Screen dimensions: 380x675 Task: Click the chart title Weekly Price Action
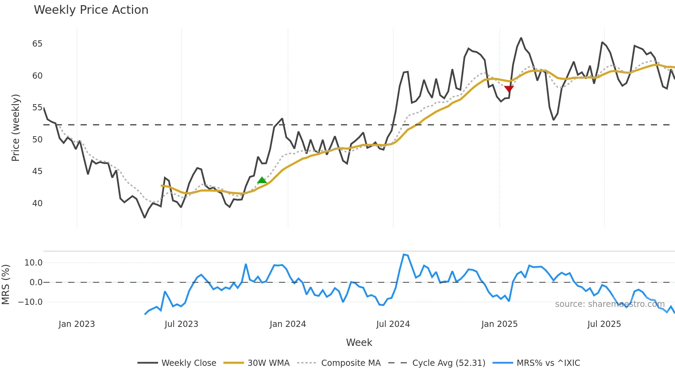click(91, 10)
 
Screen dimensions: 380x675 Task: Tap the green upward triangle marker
click(262, 180)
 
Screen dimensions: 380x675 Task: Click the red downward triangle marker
click(509, 89)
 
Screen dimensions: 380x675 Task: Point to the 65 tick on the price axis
click(38, 44)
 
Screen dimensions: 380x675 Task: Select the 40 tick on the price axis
click(38, 203)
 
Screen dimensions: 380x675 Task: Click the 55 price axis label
click(38, 108)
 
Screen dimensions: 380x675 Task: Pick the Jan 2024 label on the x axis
click(288, 324)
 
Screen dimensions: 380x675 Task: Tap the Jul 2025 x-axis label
click(604, 324)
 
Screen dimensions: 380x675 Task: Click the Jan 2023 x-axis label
click(76, 324)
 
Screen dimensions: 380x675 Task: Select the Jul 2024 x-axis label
click(393, 324)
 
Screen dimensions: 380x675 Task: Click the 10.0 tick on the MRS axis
click(33, 263)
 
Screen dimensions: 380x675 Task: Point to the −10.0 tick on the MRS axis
click(30, 302)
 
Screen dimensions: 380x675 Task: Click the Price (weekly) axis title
click(15, 128)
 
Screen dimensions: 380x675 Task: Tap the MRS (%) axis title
click(6, 284)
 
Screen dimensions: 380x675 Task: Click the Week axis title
click(359, 342)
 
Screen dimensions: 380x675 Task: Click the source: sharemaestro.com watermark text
click(610, 304)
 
